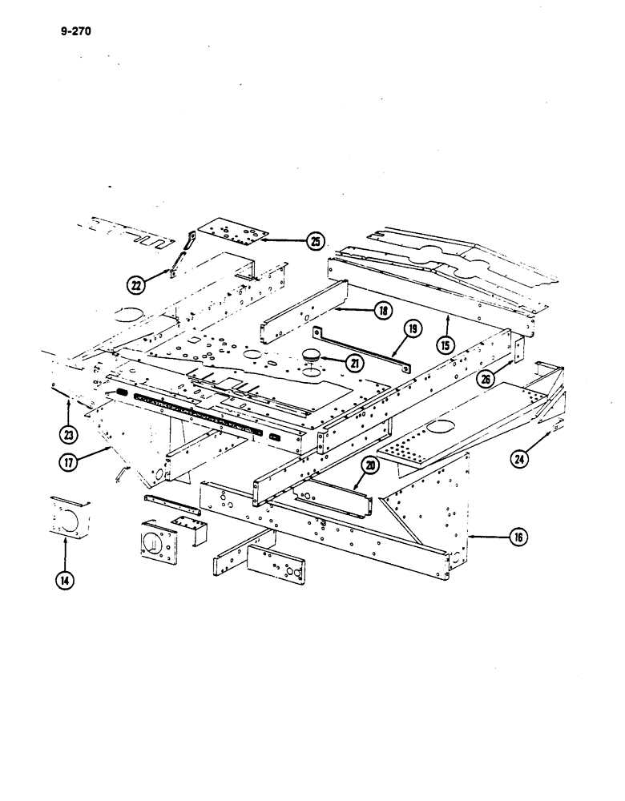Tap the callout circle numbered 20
(x=369, y=465)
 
